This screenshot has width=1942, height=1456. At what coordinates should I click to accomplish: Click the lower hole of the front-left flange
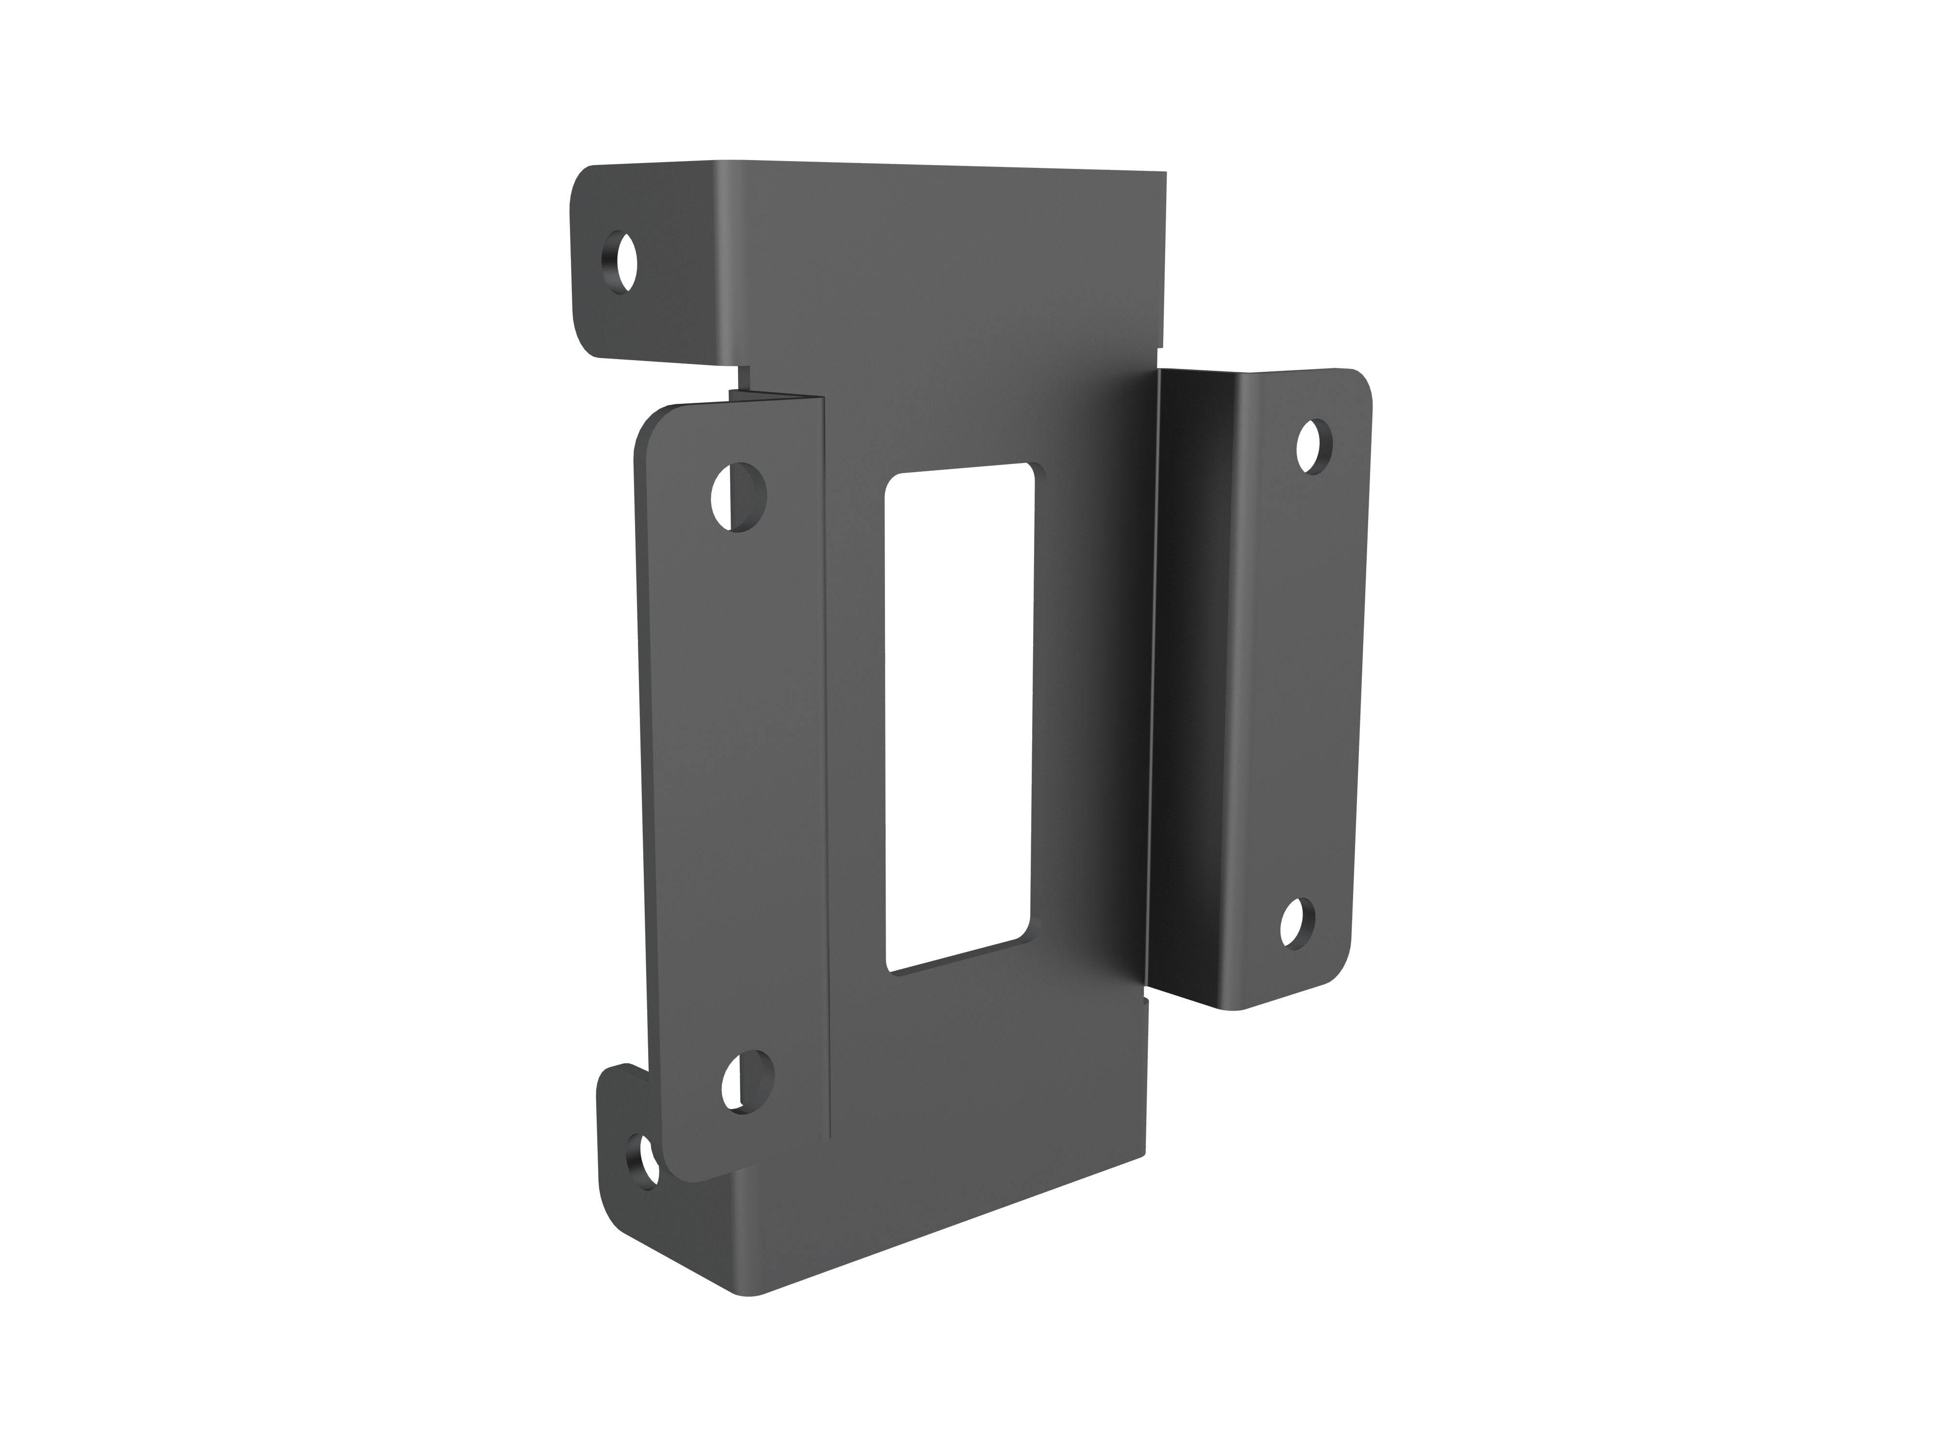pyautogui.click(x=747, y=1082)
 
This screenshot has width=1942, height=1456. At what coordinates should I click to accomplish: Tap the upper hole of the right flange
pyautogui.click(x=1313, y=447)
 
